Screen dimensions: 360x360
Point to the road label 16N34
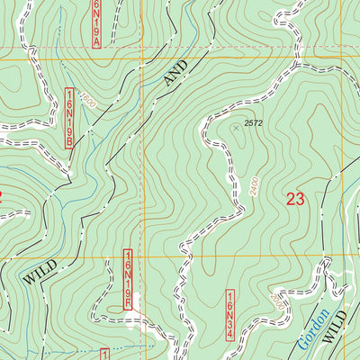pos(230,315)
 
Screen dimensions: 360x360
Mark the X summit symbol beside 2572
pos(237,128)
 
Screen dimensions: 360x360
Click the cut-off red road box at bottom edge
pos(104,354)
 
